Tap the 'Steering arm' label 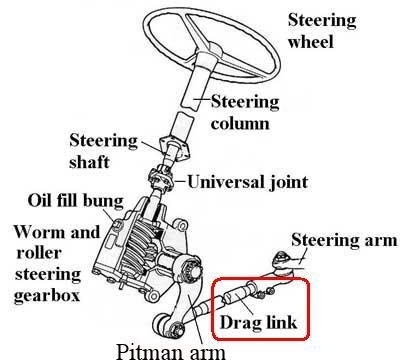tap(343, 240)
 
